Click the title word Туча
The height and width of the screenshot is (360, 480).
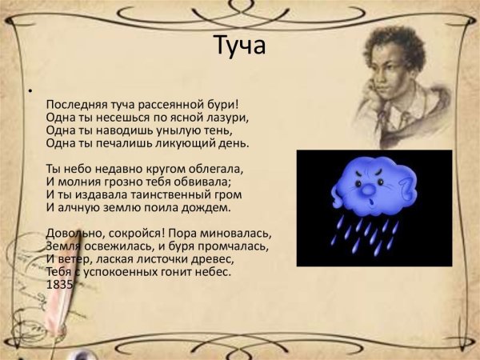[238, 46]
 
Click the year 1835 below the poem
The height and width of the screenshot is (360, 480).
[59, 284]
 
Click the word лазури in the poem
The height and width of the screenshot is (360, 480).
[227, 118]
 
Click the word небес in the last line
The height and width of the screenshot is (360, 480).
[211, 271]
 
